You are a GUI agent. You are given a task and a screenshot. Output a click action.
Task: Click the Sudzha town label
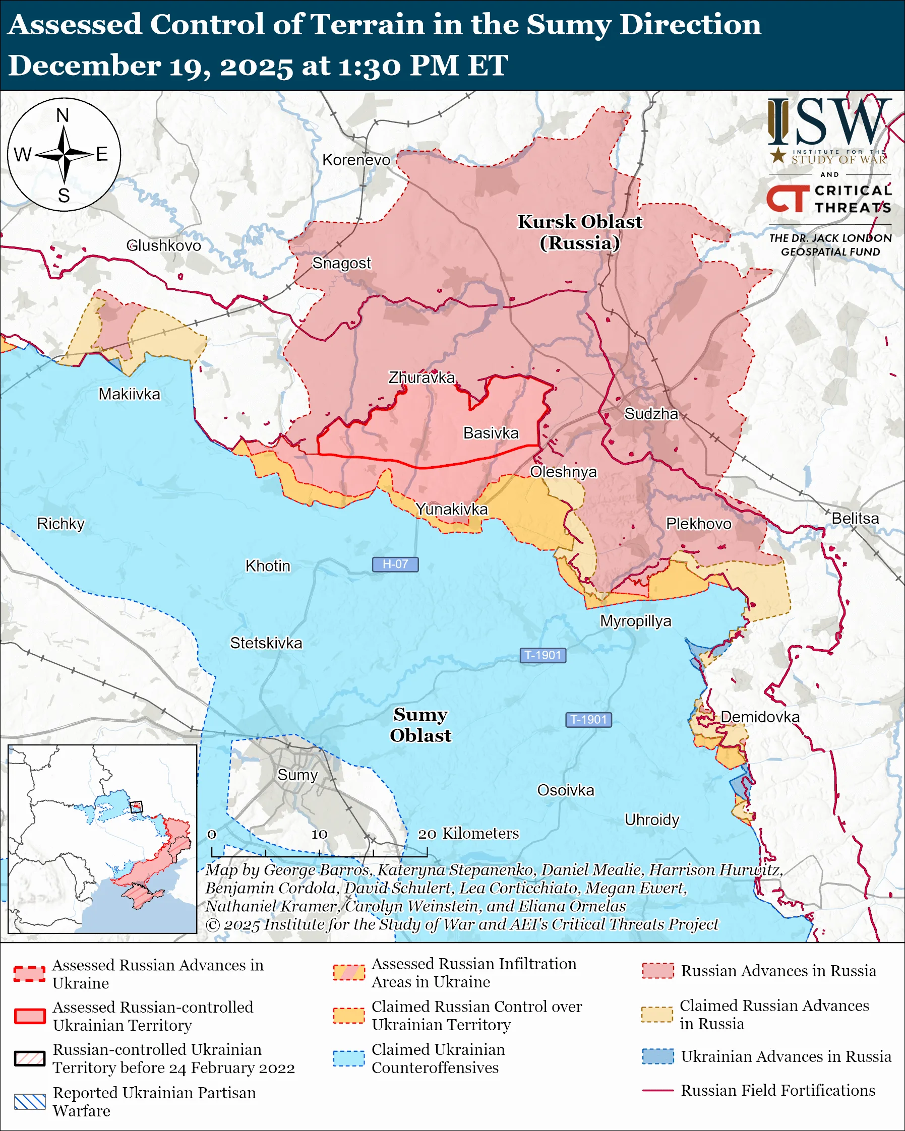click(650, 414)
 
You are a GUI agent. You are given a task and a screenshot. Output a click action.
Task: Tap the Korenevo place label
click(356, 160)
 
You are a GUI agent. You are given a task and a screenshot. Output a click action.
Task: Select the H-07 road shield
click(395, 564)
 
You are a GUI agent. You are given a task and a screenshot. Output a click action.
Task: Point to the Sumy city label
click(297, 775)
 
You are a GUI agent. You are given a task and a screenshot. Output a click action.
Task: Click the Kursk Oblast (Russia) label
click(580, 232)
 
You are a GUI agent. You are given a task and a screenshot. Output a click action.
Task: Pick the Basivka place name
click(491, 433)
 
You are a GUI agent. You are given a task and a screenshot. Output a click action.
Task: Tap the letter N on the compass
click(63, 115)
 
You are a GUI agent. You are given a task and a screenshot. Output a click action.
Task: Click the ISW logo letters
click(829, 123)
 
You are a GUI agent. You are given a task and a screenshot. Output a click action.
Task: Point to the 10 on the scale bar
click(319, 834)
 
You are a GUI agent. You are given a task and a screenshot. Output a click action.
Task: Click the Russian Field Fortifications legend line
click(657, 1091)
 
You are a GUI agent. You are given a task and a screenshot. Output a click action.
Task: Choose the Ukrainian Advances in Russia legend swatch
click(657, 1056)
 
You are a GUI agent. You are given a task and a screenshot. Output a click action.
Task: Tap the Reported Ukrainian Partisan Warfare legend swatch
click(29, 1102)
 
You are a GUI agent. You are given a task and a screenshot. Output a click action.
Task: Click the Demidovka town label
click(760, 717)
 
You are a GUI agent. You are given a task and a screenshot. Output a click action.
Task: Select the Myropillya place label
click(635, 621)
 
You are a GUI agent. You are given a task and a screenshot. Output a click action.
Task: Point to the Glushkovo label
click(164, 245)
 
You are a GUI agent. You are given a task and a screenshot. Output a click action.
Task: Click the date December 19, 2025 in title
click(151, 66)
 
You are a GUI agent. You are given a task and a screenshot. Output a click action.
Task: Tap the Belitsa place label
click(855, 518)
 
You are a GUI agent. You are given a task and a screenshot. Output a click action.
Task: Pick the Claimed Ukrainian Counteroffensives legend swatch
click(348, 1058)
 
